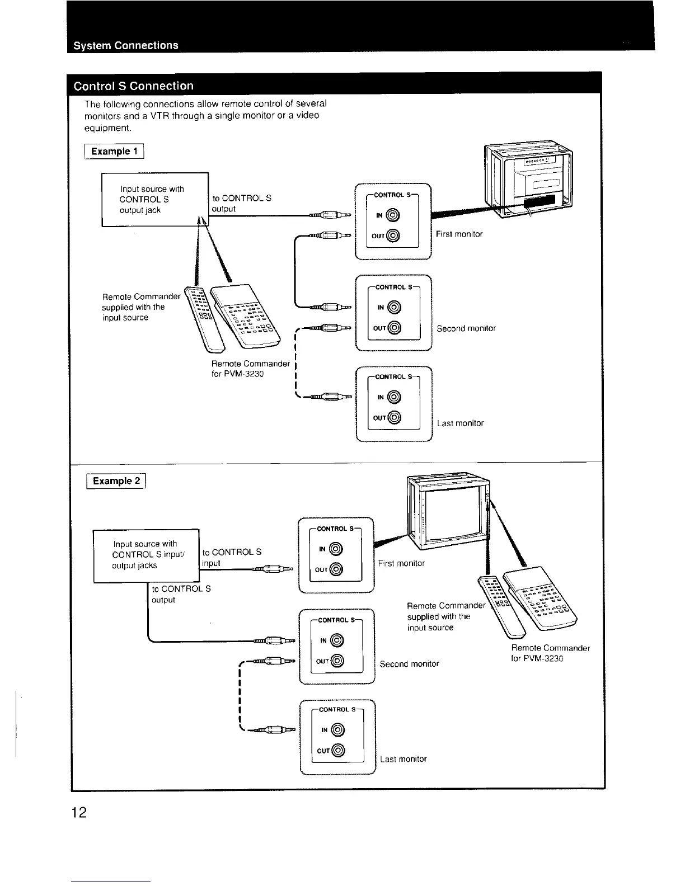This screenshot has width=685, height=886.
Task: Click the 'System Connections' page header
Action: (126, 45)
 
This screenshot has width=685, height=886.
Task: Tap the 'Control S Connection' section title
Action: (134, 86)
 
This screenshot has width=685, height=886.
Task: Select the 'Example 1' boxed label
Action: (114, 152)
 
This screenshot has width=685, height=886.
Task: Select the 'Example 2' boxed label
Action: (116, 481)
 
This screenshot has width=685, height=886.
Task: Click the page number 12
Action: (79, 812)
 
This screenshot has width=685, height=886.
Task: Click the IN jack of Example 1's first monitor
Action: (394, 215)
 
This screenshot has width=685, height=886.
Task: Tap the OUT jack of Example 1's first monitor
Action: (394, 235)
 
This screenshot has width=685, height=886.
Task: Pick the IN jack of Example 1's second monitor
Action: (395, 308)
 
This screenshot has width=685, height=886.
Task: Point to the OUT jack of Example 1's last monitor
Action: (395, 417)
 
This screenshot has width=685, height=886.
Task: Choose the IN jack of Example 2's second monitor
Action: (337, 640)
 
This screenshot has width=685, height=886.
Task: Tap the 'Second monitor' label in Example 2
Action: (409, 664)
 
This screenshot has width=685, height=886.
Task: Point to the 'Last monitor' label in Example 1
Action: (460, 423)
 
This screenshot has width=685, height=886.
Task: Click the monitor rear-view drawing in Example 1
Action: (529, 180)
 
